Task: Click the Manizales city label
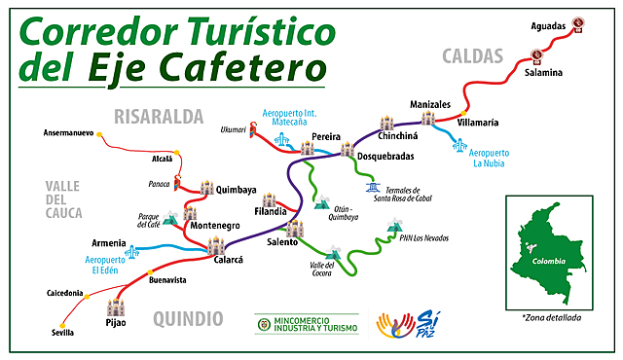coord(429,104)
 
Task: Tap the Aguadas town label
coord(548,25)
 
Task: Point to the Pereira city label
coord(326,136)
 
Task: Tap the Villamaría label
coord(479,123)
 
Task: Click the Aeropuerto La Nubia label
coord(490,159)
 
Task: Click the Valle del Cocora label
coord(322,270)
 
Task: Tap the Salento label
coord(281,241)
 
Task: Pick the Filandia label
coord(271,210)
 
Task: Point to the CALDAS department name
coord(472,55)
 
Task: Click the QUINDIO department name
coord(188,317)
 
